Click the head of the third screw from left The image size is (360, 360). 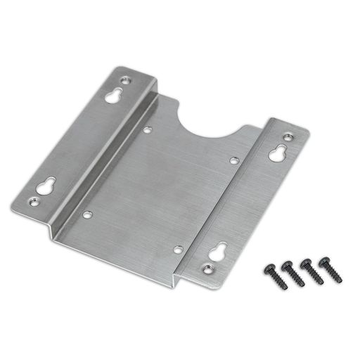coord(306,264)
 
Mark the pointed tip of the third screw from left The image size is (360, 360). coord(322,282)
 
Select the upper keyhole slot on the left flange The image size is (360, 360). coord(112,96)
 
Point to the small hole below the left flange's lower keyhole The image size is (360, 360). coord(33,202)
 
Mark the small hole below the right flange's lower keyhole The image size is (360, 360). coord(207,268)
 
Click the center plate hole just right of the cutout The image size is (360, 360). coord(234,160)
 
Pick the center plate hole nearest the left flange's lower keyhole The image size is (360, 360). coord(86,214)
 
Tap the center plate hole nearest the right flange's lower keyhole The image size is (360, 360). coord(178,249)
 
